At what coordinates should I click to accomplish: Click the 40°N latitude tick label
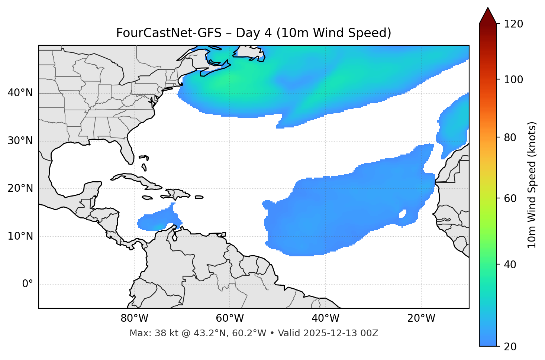coord(20,93)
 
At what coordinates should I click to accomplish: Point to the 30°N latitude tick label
coord(20,141)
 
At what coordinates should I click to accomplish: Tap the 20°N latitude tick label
coord(20,188)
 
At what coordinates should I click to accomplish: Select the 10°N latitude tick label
coord(20,236)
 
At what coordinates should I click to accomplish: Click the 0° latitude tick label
coord(28,284)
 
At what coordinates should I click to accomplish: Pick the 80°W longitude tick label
coord(134,318)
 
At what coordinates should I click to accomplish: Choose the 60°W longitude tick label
coord(230,318)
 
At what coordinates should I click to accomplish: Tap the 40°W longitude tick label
coord(325,318)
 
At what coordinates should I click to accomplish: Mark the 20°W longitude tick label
coord(421,318)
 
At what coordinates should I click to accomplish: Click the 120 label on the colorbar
coord(513,24)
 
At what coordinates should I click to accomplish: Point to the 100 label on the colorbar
coord(513,80)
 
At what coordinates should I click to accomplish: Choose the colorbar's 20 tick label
coord(510,347)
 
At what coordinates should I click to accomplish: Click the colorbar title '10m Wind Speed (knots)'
coord(532,185)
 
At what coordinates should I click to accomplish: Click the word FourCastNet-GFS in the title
coord(168,33)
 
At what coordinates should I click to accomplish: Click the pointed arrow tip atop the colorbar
coord(488,9)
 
